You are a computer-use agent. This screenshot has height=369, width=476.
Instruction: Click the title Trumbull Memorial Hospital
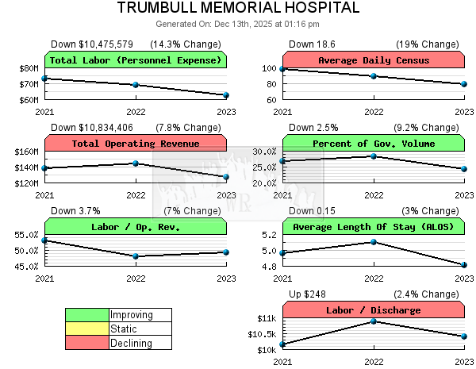click(238, 8)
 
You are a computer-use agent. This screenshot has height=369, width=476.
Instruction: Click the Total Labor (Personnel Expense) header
click(136, 60)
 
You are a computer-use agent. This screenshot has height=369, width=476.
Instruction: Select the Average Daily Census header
click(374, 60)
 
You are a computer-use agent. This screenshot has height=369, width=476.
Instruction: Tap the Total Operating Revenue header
click(136, 144)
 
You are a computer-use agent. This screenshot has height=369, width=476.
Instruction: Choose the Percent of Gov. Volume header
click(374, 144)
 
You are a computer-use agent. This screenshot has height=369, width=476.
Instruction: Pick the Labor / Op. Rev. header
click(136, 227)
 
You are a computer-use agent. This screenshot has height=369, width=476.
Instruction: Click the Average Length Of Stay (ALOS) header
click(374, 227)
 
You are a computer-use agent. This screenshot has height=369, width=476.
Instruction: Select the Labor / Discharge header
click(374, 310)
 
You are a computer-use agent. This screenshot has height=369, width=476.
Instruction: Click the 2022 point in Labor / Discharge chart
click(374, 321)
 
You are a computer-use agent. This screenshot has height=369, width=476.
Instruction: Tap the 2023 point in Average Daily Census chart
click(464, 84)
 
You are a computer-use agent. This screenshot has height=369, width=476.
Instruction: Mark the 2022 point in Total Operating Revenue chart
click(136, 163)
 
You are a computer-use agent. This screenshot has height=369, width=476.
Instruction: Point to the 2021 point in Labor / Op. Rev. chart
click(45, 240)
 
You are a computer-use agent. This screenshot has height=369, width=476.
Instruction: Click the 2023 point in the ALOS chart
click(464, 265)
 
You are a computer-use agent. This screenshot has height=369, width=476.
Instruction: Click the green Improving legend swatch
click(87, 315)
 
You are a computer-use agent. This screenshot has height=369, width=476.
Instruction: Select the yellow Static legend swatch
click(87, 329)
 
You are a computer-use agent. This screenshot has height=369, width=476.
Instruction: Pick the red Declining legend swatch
click(87, 343)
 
